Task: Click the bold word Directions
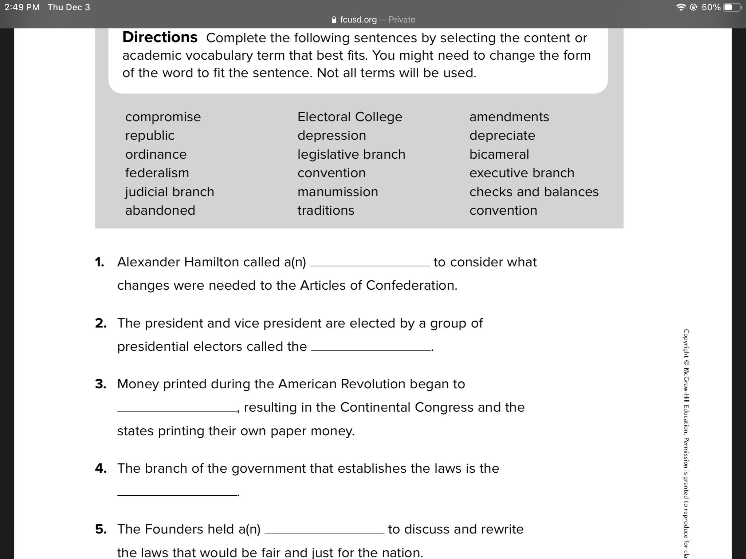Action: pos(160,37)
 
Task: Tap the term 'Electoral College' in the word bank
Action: pos(350,117)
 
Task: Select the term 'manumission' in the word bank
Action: pos(338,192)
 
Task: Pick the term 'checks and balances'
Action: pos(534,192)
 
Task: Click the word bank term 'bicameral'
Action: pos(499,154)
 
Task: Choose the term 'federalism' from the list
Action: pos(157,173)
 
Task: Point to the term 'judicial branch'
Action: pos(169,192)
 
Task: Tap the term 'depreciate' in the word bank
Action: pos(502,135)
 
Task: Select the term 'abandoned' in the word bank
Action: pos(160,210)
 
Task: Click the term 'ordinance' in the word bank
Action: pos(156,154)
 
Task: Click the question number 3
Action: pos(101,384)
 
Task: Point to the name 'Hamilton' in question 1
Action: pos(211,262)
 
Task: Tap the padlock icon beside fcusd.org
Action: pos(334,20)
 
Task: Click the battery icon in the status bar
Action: pos(731,7)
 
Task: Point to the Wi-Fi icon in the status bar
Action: pos(680,7)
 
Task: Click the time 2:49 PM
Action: pos(22,7)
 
